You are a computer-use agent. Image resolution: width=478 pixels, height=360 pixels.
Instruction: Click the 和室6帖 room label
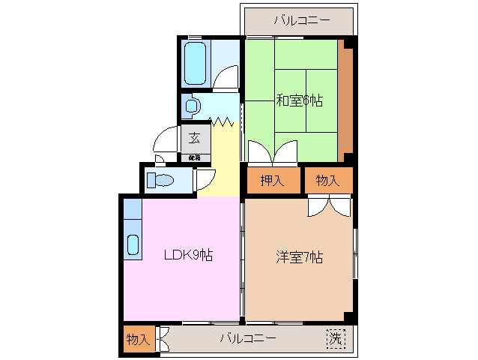299,100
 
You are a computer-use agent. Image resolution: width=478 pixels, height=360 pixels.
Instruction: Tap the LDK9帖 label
189,255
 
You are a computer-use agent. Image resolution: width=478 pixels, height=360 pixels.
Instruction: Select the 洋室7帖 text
299,257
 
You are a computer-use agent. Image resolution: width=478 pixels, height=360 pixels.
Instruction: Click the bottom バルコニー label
248,338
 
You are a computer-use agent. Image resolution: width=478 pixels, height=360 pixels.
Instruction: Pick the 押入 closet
271,180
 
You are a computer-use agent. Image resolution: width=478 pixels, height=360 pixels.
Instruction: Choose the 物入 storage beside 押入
328,180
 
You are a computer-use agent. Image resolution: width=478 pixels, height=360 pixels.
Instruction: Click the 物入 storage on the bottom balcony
137,339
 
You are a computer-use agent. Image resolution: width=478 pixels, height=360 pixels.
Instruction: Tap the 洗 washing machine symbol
336,338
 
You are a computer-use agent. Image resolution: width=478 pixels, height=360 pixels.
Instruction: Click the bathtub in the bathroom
195,64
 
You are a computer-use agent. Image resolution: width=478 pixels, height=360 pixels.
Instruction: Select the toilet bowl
161,180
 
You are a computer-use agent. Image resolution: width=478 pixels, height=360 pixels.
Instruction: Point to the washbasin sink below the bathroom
193,106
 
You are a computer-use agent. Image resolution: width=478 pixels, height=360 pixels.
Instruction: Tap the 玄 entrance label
194,138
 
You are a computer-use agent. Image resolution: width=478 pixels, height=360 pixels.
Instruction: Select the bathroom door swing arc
227,76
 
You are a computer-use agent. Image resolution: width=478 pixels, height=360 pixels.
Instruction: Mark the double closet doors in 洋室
328,205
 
